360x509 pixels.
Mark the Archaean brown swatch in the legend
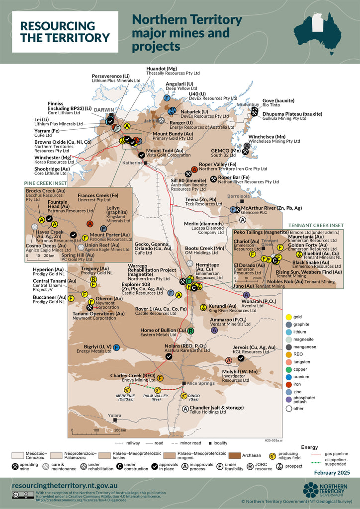click(241, 455)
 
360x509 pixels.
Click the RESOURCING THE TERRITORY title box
click(65, 32)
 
